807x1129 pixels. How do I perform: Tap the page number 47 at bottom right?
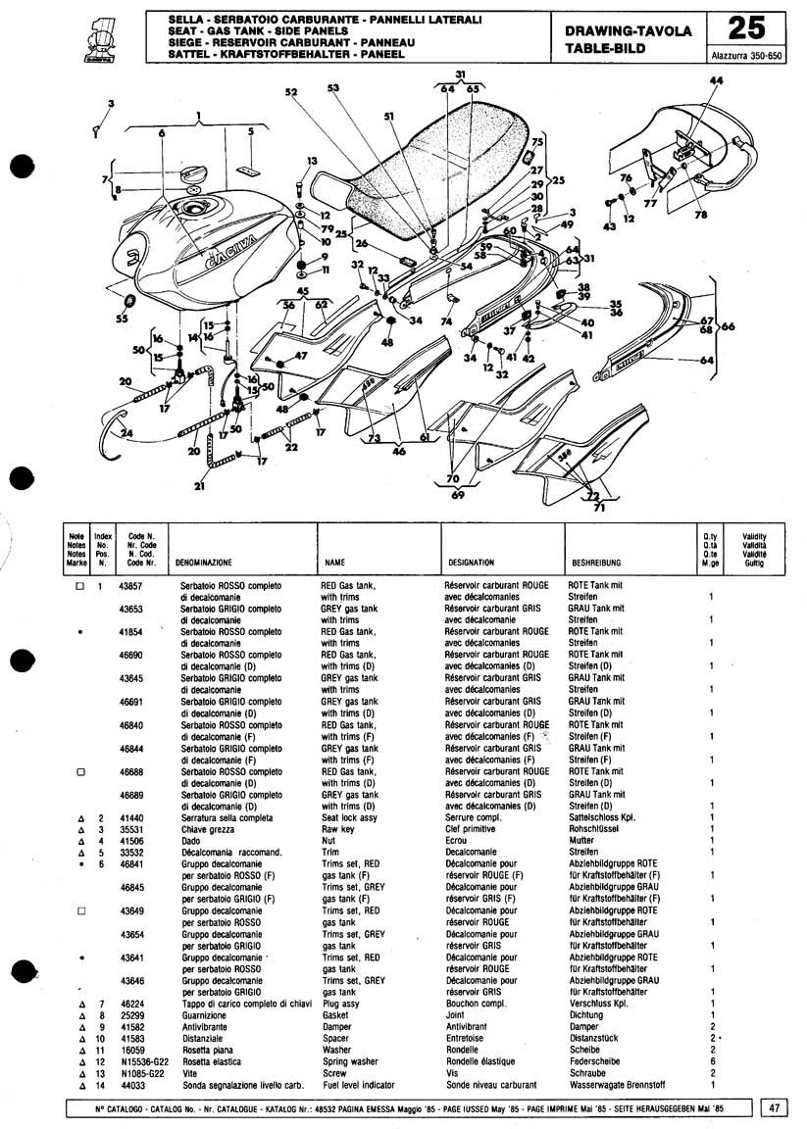pos(775,1107)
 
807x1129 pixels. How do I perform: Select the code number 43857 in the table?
pos(130,585)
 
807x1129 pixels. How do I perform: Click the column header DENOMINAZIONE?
pos(203,564)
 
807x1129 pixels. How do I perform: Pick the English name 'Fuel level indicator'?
pos(359,1085)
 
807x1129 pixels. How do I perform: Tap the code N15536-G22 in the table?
pos(136,1061)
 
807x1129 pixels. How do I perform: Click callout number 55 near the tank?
pos(122,319)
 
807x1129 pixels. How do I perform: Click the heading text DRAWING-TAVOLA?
pos(628,31)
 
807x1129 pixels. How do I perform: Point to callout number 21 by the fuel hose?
pos(201,486)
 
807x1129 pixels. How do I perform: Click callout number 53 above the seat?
pos(332,88)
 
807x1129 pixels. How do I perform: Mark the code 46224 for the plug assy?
pos(130,1004)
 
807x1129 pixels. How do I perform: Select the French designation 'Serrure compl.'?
pos(474,816)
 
